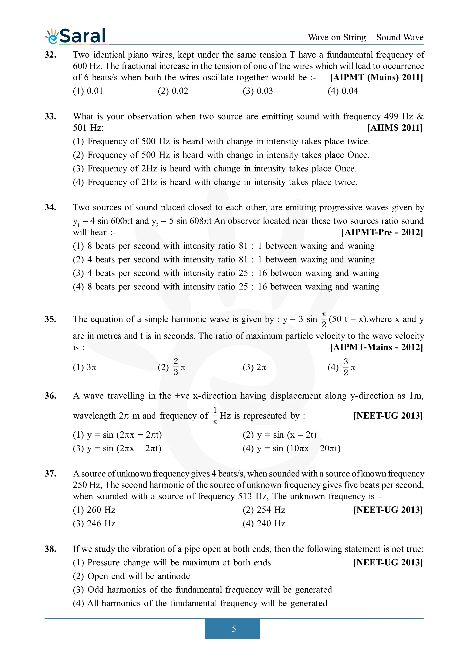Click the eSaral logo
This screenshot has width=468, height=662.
pos(76,36)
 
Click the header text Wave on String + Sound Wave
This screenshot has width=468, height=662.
pos(365,38)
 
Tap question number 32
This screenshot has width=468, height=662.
pos(50,55)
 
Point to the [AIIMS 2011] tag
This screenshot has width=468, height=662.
pos(395,128)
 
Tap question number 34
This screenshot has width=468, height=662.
pos(50,208)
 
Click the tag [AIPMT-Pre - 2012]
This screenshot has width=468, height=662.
pos(382,232)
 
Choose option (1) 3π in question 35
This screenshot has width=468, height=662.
pos(85,367)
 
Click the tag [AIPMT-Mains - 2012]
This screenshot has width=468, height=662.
pos(376,347)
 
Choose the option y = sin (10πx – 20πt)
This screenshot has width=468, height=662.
pos(291,448)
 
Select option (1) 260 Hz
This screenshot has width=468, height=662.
pos(94,510)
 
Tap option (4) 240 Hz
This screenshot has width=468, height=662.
pos(264,524)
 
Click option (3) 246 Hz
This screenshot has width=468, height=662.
pos(94,524)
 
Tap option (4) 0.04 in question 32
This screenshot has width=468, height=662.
pos(343,91)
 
